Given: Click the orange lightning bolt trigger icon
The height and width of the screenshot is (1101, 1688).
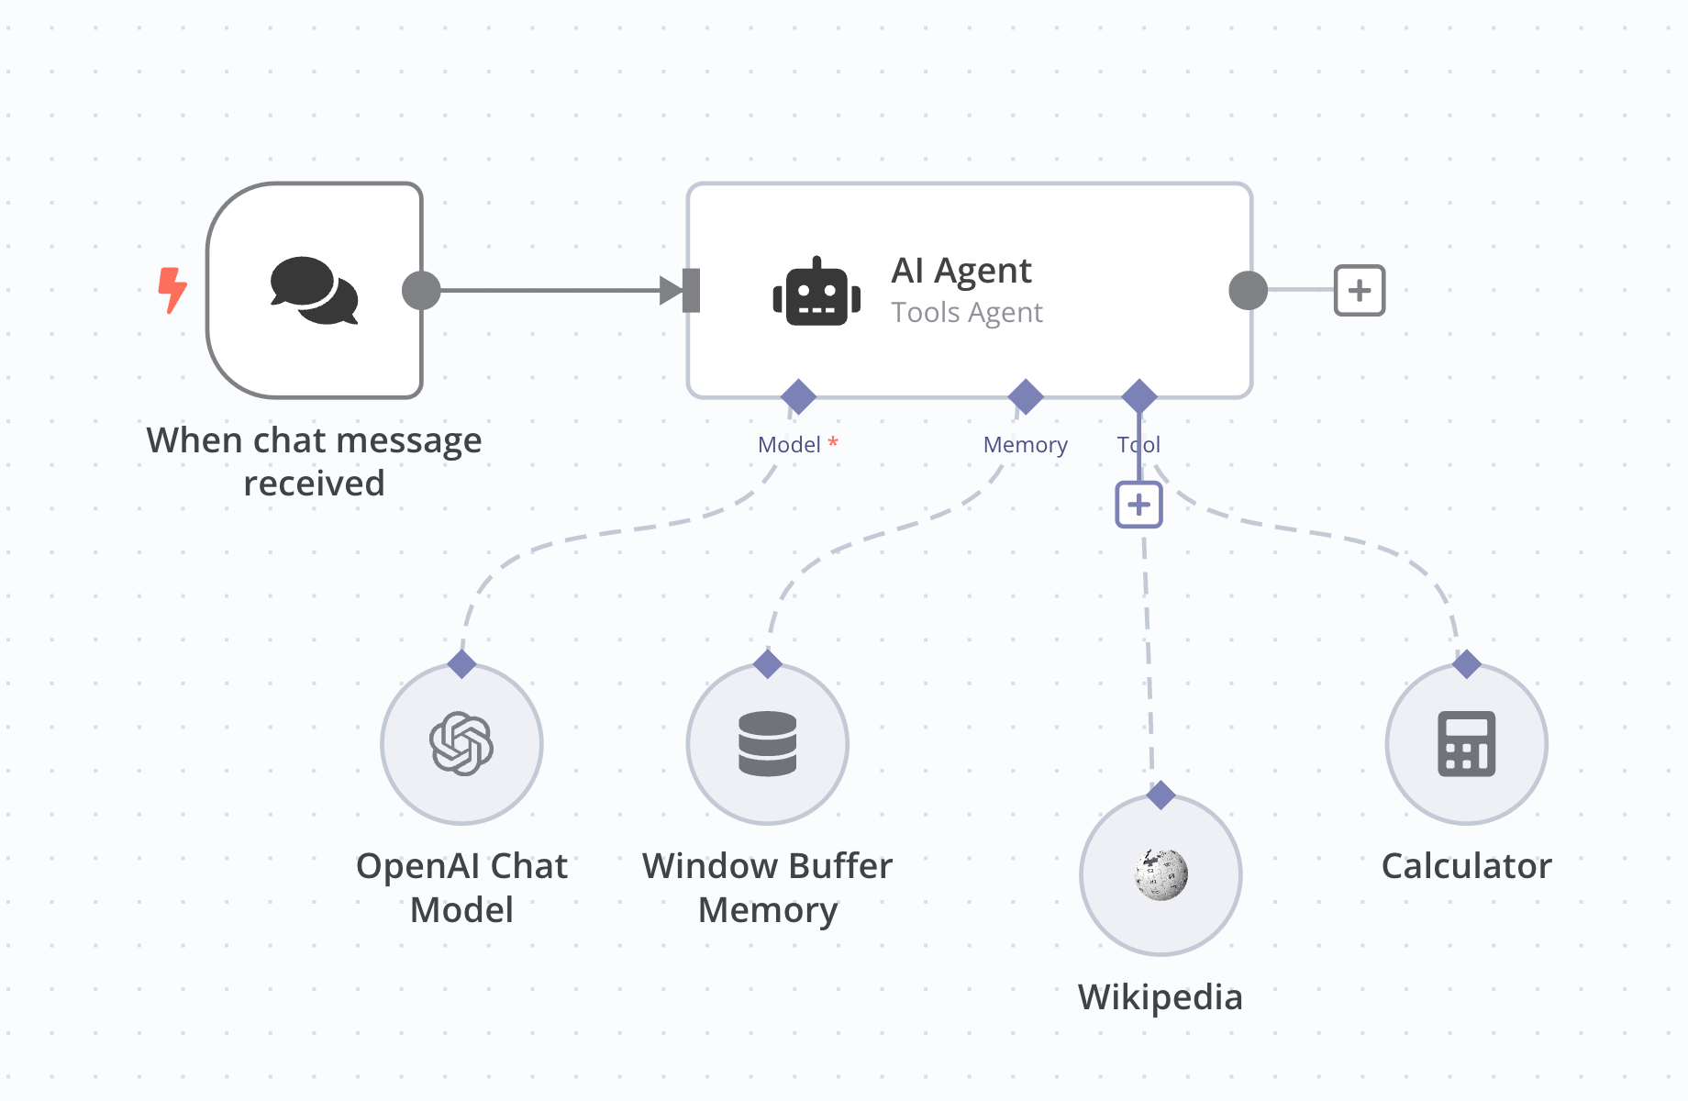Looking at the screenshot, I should (172, 290).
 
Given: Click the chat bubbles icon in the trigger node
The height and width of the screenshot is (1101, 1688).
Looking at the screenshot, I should (314, 290).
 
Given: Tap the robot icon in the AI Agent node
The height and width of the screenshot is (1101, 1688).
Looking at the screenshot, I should (816, 292).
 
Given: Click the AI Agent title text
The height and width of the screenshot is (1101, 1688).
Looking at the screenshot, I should (961, 271).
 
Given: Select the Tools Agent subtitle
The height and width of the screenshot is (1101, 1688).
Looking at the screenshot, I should (967, 313).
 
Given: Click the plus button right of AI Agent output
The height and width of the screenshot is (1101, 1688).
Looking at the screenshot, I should (1359, 291).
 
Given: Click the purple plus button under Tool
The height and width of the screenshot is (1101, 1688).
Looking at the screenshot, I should (1138, 505).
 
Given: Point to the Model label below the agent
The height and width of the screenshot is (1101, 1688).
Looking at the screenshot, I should (788, 445).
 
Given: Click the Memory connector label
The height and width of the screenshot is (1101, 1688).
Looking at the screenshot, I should (1025, 445).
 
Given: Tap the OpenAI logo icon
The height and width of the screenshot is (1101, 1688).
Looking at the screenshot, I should (461, 743).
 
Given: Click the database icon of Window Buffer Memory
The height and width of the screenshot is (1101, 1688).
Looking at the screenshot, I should (767, 743).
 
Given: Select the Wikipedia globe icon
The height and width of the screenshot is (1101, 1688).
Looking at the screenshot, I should (1160, 873).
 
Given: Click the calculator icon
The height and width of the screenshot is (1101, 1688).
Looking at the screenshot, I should (1466, 743).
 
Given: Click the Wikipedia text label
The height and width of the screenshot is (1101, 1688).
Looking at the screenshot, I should (1160, 997).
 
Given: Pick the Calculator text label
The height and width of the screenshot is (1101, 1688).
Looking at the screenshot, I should (1466, 866).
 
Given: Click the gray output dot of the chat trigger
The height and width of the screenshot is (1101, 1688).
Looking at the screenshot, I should (421, 291).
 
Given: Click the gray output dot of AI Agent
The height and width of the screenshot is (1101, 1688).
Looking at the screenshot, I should (1248, 291).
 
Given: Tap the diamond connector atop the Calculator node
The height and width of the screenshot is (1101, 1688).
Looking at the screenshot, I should (1466, 663).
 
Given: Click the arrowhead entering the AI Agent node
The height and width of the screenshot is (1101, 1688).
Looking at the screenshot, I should (672, 291).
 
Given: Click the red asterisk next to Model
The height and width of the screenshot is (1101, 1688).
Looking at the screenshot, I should (833, 442).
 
